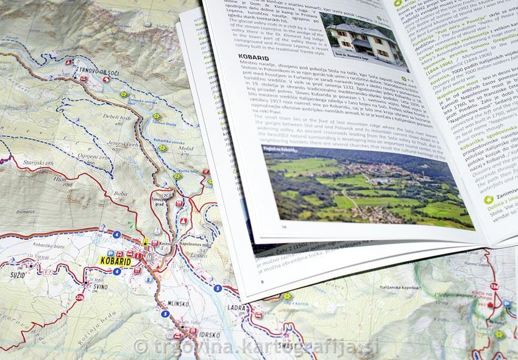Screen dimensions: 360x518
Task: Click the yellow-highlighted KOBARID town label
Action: click(x=115, y=261)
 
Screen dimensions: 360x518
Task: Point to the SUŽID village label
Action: click(x=14, y=275)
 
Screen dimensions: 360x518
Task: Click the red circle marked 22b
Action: click(x=79, y=297)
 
